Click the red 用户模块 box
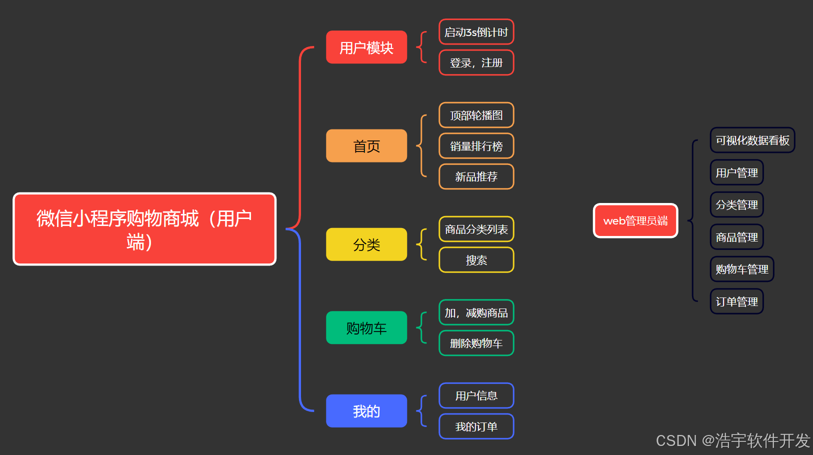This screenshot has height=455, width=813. [366, 47]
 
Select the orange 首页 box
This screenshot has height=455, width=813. [366, 146]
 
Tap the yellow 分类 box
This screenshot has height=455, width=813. [366, 244]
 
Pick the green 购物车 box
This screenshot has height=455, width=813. [366, 328]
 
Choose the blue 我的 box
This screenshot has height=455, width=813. [366, 411]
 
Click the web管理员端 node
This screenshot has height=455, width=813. [635, 220]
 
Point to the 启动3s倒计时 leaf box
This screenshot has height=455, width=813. [476, 32]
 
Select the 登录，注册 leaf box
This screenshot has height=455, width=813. [476, 62]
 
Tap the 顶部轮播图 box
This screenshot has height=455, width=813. [476, 115]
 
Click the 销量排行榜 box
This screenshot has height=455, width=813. [476, 146]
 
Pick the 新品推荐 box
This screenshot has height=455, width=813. [476, 176]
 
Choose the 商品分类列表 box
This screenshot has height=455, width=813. [476, 229]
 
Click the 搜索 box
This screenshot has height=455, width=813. [476, 260]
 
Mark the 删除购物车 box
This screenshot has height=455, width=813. [476, 343]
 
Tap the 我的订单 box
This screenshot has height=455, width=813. [476, 426]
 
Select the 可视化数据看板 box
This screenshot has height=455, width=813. [752, 140]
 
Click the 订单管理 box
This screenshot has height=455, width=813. [736, 301]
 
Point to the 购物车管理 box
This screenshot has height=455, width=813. [741, 269]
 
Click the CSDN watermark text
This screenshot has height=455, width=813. [732, 440]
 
